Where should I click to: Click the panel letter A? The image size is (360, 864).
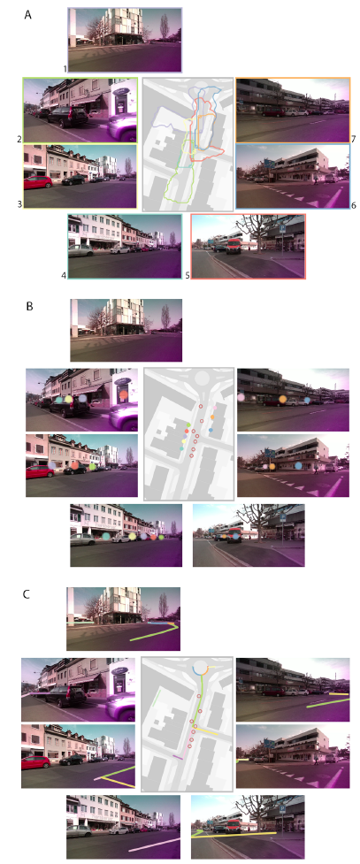tap(28, 15)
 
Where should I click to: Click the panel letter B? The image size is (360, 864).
tap(30, 306)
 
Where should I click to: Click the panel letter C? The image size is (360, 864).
tap(27, 594)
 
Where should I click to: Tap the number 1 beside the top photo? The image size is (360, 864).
tap(65, 69)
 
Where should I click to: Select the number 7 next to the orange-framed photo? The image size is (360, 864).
tap(354, 137)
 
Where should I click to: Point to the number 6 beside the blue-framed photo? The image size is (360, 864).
tap(354, 205)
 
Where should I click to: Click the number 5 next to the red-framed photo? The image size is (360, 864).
tap(188, 274)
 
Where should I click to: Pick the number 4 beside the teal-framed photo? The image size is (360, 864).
tap(65, 274)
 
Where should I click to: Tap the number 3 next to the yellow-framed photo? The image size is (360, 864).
tap(19, 204)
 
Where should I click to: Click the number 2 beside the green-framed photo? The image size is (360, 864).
tap(19, 140)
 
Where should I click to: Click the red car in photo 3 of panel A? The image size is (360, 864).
tap(38, 181)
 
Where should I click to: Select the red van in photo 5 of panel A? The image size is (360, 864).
tap(234, 246)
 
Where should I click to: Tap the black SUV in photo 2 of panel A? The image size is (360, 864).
tap(67, 117)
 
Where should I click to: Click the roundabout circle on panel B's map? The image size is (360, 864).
tap(201, 378)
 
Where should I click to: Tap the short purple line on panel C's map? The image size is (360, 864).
tap(178, 758)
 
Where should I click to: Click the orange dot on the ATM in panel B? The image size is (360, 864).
tap(124, 394)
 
